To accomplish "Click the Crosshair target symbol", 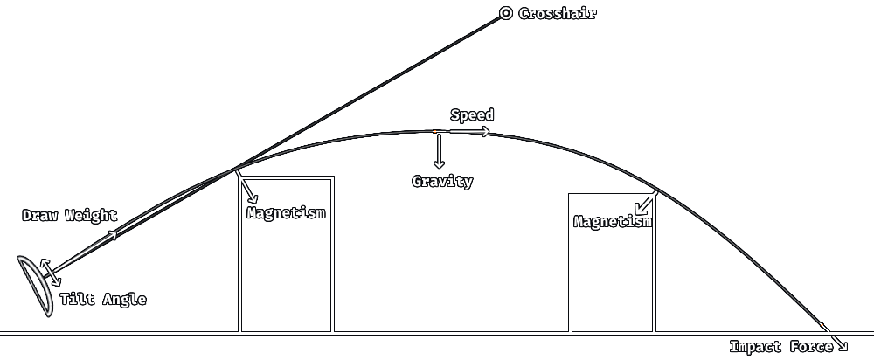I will [x=506, y=13].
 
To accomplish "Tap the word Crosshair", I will [x=558, y=13].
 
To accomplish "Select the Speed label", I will [x=472, y=115].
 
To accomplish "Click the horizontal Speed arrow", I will [x=469, y=132].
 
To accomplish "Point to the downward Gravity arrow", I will [x=439, y=150].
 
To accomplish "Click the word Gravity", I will [x=442, y=182].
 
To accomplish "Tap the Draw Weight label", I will [x=70, y=216].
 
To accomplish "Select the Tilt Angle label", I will [x=103, y=300].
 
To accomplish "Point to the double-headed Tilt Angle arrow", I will [x=52, y=273].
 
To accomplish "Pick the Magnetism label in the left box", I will [x=286, y=212].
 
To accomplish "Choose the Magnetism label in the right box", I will [x=613, y=222].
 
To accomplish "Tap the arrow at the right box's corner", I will [x=646, y=203].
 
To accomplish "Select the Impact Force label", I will [x=781, y=347].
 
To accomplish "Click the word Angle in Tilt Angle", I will [x=125, y=300].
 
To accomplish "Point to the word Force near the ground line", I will [x=812, y=347].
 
